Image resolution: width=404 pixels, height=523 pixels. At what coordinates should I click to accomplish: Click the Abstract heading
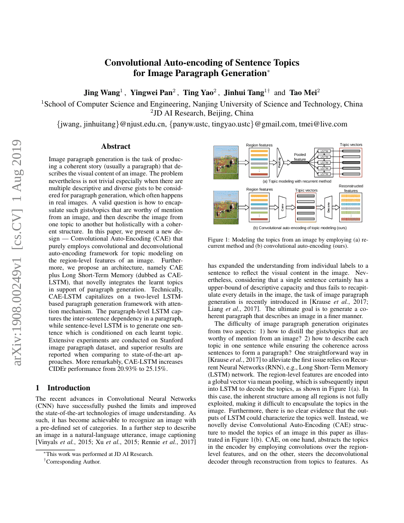[115, 146]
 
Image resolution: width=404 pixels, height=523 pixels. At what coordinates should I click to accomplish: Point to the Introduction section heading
[68, 387]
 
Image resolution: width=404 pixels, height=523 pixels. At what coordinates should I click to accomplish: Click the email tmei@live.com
[323, 124]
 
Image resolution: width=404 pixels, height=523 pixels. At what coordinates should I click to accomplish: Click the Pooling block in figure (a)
[280, 162]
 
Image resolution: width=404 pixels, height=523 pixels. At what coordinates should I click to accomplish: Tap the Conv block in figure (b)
[282, 208]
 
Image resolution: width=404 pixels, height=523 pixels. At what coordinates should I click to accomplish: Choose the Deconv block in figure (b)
[328, 208]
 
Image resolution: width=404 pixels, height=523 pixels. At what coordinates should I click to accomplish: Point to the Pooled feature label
[300, 157]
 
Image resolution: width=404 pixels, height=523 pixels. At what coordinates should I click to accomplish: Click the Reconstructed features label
[351, 188]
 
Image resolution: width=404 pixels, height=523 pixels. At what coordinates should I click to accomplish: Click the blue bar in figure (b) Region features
[260, 203]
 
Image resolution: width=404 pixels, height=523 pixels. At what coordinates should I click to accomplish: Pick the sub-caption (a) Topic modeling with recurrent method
[297, 181]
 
